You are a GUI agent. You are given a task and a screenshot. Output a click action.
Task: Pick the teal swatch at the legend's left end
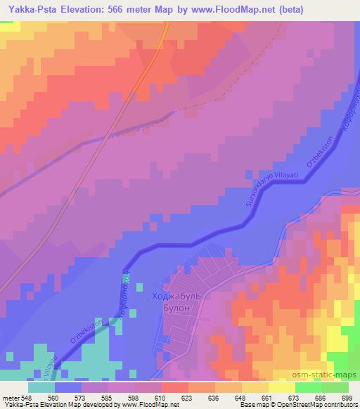pyautogui.click(x=43, y=387)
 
